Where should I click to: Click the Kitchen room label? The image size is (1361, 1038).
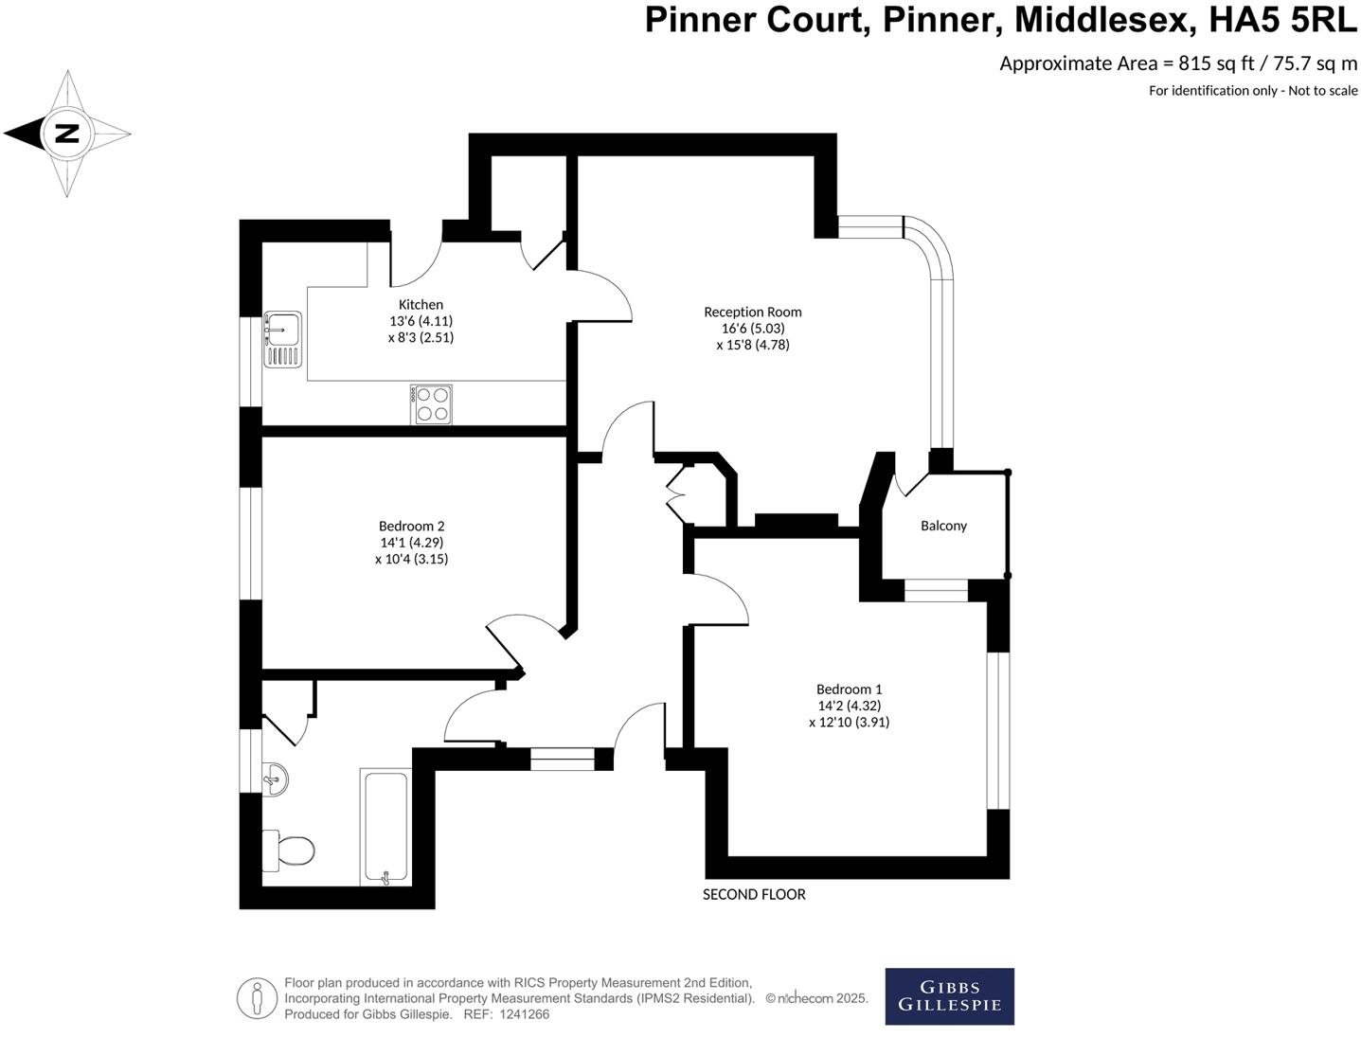(421, 305)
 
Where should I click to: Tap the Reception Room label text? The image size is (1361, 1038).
(752, 312)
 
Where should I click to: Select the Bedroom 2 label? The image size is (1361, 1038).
(411, 527)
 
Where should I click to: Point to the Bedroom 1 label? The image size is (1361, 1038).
(849, 689)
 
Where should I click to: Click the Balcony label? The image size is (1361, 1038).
(943, 526)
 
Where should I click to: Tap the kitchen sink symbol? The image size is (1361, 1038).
(282, 339)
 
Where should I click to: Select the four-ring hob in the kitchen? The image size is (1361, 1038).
(432, 404)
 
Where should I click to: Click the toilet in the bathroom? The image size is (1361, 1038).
(289, 850)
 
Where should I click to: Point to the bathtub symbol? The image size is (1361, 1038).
(385, 827)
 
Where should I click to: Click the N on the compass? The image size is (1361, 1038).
(66, 134)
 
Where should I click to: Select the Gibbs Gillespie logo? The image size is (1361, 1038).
(949, 996)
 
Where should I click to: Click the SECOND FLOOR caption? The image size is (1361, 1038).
(754, 894)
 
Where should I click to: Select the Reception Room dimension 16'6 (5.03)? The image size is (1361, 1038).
(752, 329)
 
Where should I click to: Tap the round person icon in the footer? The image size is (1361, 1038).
(257, 997)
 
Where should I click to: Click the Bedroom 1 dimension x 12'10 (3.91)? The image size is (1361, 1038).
(849, 722)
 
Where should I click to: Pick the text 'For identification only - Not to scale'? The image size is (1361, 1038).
(1252, 91)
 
